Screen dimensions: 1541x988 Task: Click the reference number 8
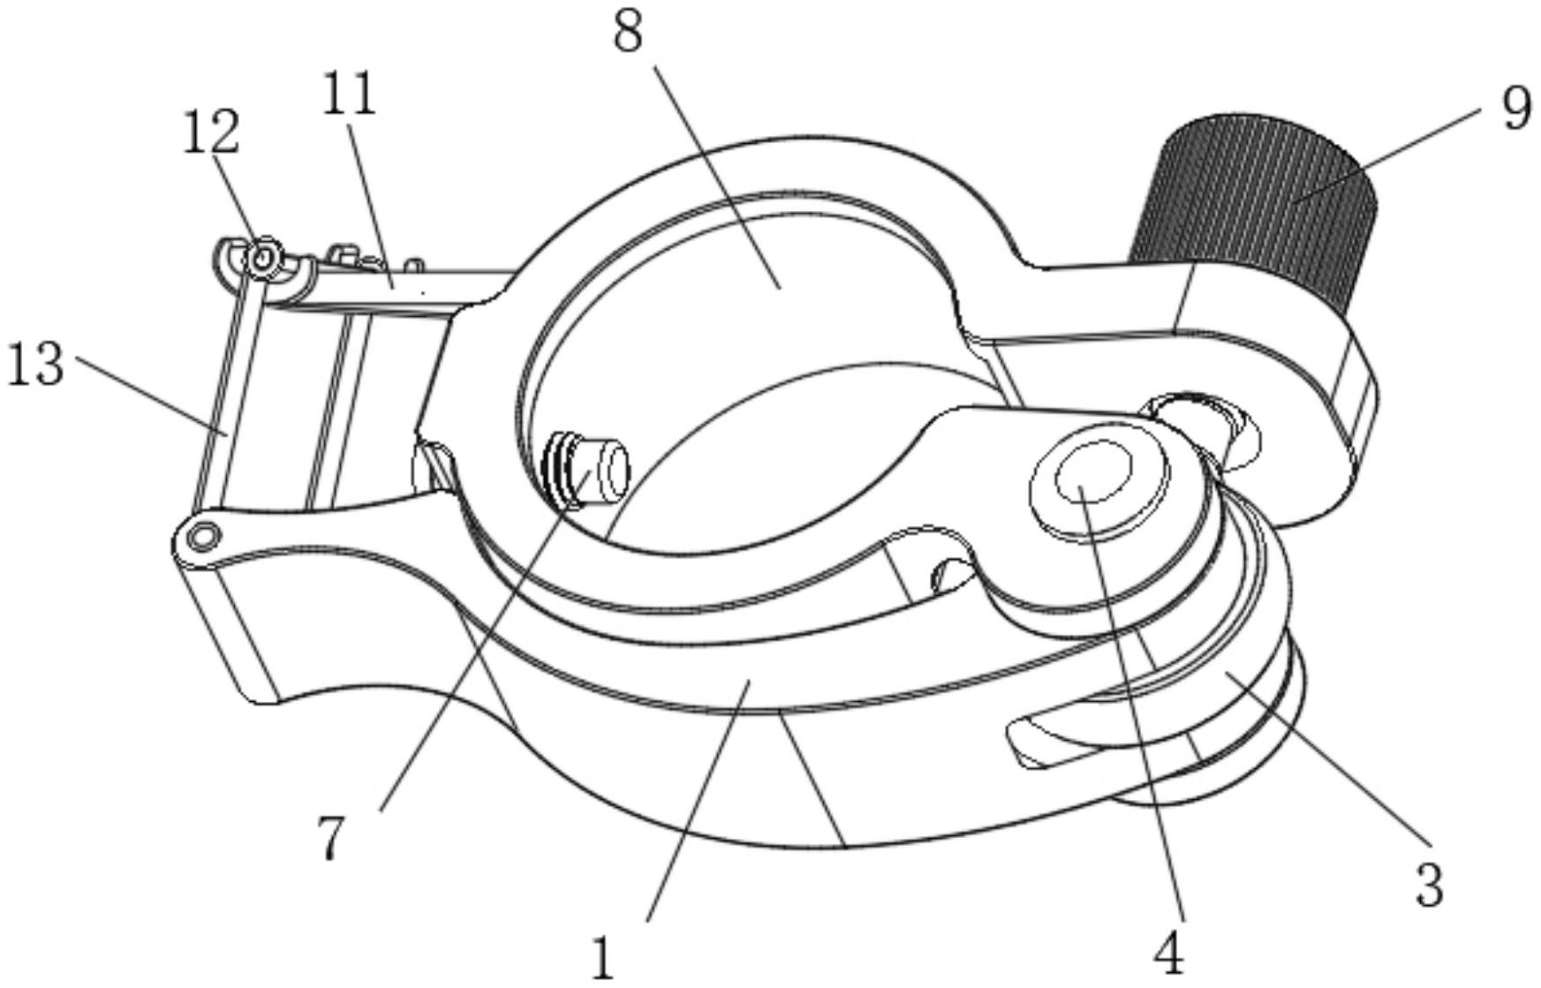click(628, 34)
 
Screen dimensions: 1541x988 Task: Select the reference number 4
click(1168, 954)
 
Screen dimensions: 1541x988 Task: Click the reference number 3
click(1429, 885)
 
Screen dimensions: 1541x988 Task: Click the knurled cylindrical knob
click(1254, 212)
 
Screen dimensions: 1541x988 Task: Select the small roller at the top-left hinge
click(262, 259)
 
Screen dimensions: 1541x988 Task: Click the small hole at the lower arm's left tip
click(204, 535)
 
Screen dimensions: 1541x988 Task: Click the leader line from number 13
click(151, 394)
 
